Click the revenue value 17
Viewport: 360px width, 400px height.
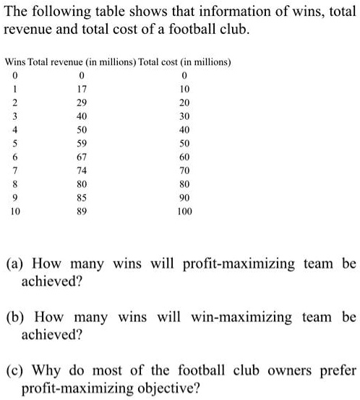click(82, 88)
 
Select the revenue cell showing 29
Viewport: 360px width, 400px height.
click(82, 102)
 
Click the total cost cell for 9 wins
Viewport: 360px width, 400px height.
click(185, 199)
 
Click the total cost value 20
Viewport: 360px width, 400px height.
click(185, 102)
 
